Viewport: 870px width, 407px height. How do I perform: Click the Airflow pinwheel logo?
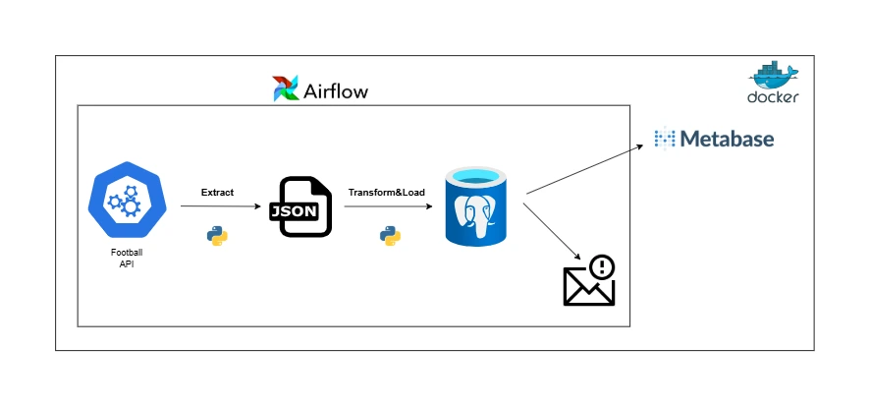[x=286, y=88]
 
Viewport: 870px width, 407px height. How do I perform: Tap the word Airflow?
[x=335, y=91]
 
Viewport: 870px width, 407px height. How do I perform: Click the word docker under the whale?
[x=773, y=98]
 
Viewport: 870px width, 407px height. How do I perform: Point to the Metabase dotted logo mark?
[x=666, y=139]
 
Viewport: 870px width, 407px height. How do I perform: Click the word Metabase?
[x=728, y=139]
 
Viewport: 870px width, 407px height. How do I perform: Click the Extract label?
[x=217, y=193]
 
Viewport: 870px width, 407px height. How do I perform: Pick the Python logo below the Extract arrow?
[x=217, y=235]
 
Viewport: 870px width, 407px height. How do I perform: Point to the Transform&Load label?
[x=386, y=193]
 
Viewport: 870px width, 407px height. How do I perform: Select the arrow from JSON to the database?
[x=387, y=207]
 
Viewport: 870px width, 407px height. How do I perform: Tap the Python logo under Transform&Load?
[x=390, y=235]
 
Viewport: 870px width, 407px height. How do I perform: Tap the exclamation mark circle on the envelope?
[x=601, y=267]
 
